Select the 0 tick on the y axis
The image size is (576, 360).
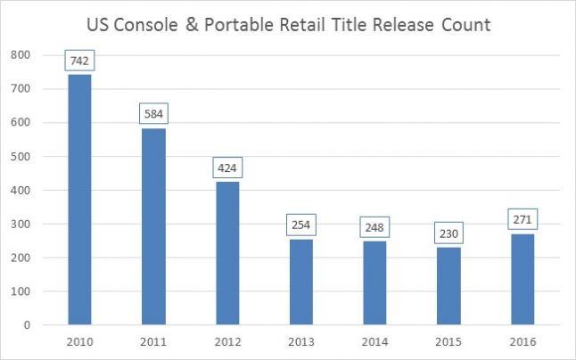29,325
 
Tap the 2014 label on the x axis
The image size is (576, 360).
374,342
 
